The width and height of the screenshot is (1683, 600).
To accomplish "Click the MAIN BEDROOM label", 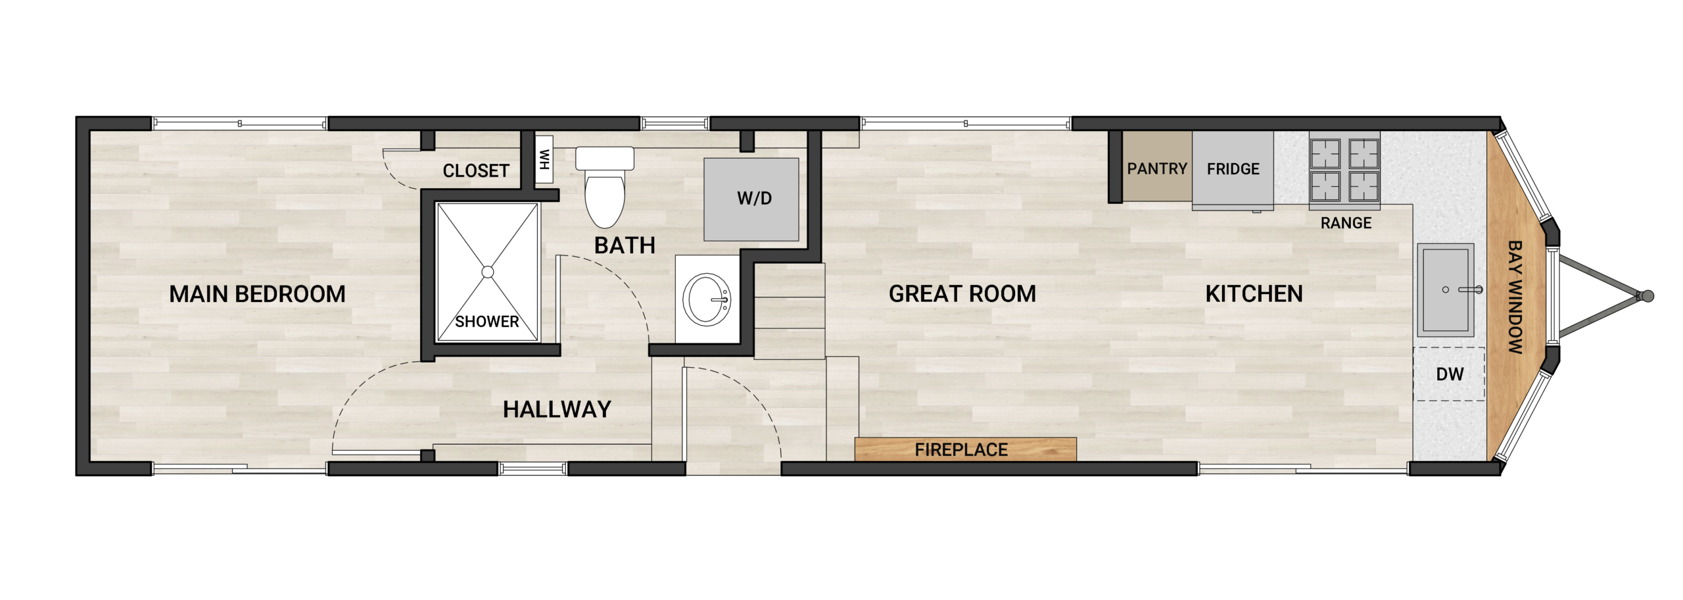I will click(257, 294).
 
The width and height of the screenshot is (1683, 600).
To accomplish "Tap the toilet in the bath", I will click(604, 187).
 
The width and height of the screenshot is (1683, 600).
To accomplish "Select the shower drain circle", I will click(487, 272).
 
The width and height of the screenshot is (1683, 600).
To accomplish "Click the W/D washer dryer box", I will click(751, 199).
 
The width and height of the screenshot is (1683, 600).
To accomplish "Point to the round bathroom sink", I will click(706, 299).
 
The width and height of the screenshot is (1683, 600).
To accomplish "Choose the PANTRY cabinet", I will click(1156, 168).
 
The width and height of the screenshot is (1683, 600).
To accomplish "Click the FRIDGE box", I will click(1233, 168).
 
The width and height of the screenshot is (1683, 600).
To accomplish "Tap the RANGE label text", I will click(1346, 223).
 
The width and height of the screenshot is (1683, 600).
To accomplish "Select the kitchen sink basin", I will click(1445, 289).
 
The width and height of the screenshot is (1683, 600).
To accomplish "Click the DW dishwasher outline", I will click(1449, 374).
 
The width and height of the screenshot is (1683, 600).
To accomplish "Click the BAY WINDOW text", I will click(1514, 297).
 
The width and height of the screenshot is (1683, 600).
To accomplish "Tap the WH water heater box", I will click(544, 159).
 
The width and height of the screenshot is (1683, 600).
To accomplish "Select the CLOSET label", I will click(476, 171).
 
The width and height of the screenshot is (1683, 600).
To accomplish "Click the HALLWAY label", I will click(557, 409).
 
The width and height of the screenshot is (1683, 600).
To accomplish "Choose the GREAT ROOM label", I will click(962, 293).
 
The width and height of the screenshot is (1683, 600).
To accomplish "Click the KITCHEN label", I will click(1254, 293).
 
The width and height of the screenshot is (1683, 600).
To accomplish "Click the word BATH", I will click(625, 245).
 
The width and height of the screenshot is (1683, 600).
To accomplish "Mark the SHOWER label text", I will click(487, 322).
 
